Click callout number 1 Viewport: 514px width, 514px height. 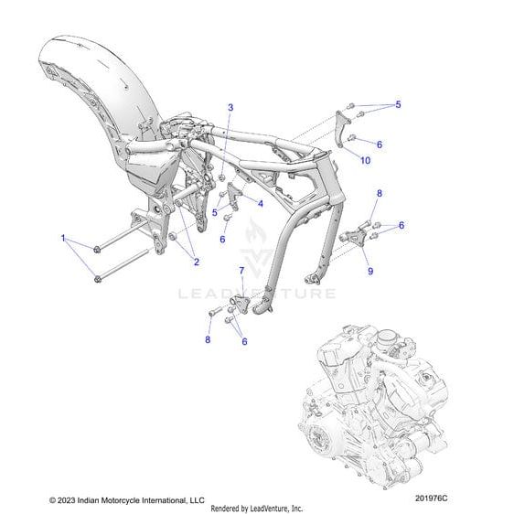tap(63, 238)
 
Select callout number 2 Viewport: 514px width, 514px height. tap(197, 262)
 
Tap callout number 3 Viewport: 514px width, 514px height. tap(230, 107)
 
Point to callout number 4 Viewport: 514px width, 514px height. tap(261, 204)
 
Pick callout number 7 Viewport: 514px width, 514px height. tap(241, 271)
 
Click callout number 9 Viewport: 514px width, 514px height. tap(370, 271)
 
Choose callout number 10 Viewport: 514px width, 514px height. tap(365, 160)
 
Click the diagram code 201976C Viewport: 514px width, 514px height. tap(431, 498)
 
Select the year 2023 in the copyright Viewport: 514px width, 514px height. tap(65, 500)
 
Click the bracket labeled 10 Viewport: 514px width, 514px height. tap(341, 129)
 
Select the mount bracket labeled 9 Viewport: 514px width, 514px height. tap(352, 237)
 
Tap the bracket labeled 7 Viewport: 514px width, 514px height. tap(240, 303)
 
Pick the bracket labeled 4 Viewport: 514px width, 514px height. tap(234, 196)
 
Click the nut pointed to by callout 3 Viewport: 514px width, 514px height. tap(221, 177)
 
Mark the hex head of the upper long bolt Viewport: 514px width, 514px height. tap(97, 250)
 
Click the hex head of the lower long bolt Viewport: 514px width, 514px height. tap(97, 279)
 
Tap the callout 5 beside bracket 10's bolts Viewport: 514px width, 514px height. tap(398, 104)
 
